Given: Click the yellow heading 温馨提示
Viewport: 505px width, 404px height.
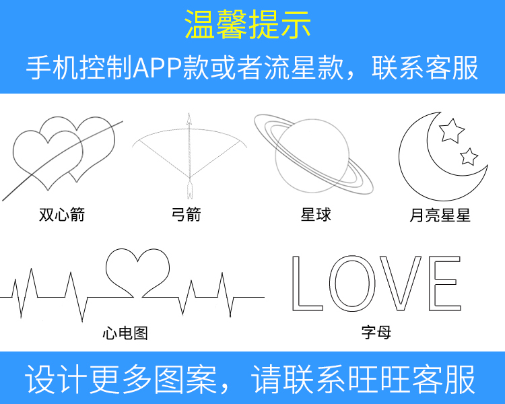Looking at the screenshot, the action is point(248,25).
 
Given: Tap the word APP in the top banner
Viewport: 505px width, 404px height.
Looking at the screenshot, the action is point(158,68).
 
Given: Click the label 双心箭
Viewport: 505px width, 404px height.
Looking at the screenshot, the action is point(62,215).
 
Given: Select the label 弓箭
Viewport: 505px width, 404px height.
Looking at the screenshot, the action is point(186,215).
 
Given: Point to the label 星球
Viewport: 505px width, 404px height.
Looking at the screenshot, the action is point(316,215).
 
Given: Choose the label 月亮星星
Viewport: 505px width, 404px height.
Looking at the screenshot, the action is point(440,215).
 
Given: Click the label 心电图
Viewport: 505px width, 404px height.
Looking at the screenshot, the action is point(125,333).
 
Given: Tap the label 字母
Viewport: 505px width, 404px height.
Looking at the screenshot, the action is point(376,332).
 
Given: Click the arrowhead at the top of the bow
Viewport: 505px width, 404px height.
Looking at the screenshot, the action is point(189,119).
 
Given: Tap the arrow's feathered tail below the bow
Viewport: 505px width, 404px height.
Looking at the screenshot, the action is point(189,190).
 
